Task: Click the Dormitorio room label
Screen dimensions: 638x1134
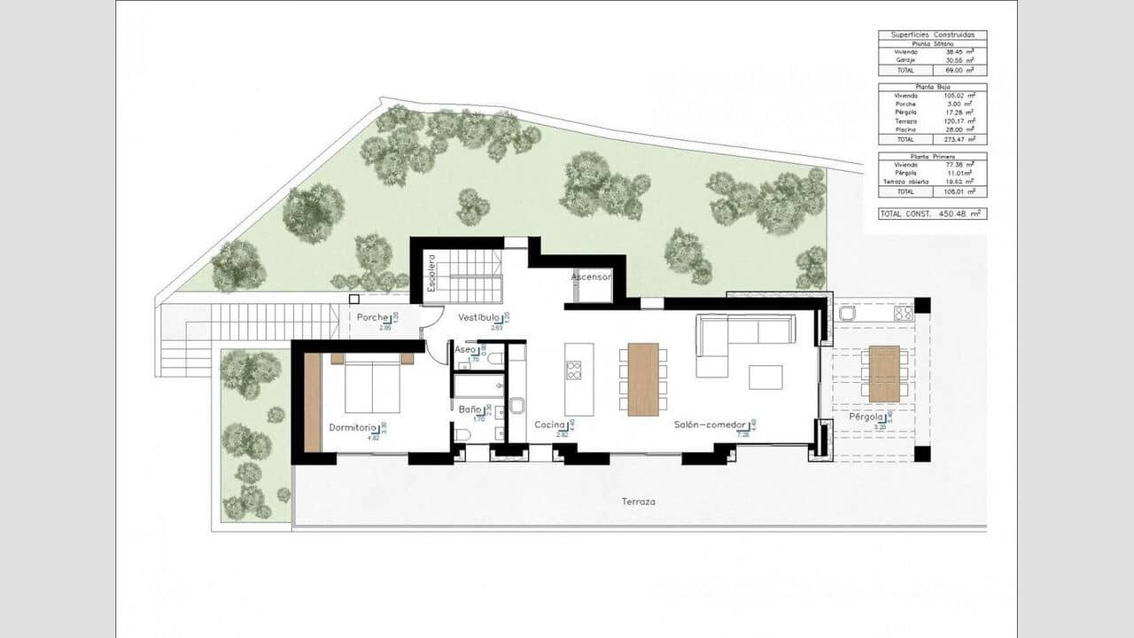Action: pos(352,427)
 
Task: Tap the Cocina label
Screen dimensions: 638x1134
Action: pos(549,425)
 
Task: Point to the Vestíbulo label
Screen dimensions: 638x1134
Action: pos(479,317)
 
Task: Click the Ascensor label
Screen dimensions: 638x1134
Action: pos(591,277)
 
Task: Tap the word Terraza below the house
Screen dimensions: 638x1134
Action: pos(638,502)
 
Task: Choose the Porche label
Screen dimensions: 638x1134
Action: pos(372,317)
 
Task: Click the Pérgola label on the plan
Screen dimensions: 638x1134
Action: pos(866,416)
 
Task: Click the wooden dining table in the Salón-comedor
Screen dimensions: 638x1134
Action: pos(643,379)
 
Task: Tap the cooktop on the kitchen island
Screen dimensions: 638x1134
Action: pos(574,370)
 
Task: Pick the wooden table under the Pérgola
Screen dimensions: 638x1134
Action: pos(884,374)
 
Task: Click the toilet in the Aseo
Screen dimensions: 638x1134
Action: pos(496,359)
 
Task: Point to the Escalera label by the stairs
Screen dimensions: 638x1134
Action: pos(431,274)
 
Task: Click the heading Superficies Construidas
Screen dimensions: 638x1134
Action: pos(931,35)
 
